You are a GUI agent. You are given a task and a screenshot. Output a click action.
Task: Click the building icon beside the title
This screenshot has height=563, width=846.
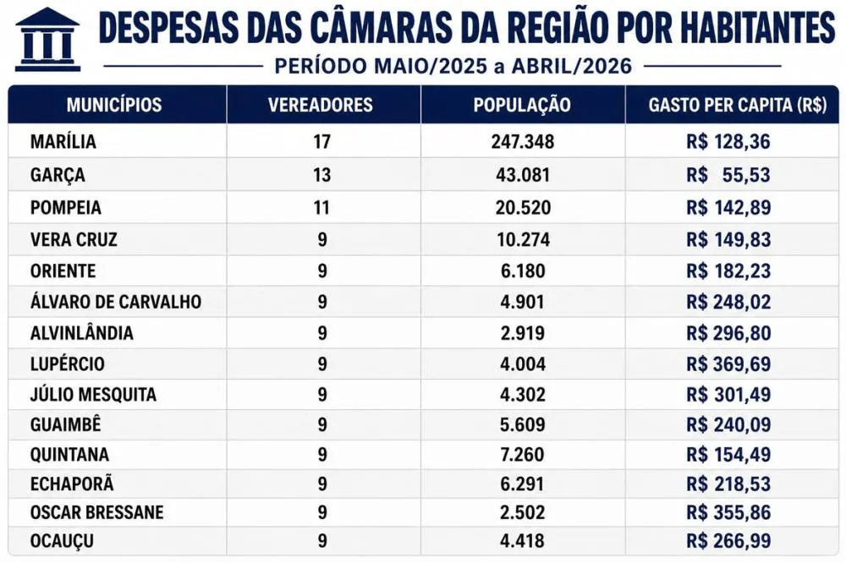[x=47, y=40]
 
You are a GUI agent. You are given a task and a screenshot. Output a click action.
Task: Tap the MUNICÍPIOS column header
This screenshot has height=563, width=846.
[x=114, y=105]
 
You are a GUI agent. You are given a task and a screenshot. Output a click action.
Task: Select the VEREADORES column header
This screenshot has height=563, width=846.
[x=321, y=105]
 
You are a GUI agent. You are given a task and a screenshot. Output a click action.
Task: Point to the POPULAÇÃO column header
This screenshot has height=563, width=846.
[x=522, y=105]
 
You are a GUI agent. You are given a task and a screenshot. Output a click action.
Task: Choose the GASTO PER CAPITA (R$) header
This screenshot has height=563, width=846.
[x=738, y=105]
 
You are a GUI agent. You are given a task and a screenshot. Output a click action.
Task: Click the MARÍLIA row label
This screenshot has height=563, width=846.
[x=63, y=141]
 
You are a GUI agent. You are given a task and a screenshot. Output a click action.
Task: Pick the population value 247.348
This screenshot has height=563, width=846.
[x=522, y=142]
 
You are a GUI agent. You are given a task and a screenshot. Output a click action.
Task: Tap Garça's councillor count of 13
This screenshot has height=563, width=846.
[x=321, y=175]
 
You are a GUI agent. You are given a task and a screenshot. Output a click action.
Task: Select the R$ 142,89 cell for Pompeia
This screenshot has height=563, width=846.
[x=728, y=208]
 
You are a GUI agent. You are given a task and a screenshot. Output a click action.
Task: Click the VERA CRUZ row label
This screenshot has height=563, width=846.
[x=74, y=239]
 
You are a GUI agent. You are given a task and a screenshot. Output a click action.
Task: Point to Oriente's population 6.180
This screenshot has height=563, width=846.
[x=523, y=271]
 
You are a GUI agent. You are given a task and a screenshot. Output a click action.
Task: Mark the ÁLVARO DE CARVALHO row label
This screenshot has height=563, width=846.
[x=116, y=302]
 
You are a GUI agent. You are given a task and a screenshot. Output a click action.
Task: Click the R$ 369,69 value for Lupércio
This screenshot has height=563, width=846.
[x=728, y=364]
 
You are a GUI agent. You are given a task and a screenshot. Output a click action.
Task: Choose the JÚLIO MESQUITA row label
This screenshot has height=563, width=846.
[x=93, y=394]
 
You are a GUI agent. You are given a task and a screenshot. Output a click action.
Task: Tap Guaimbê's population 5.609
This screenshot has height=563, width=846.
[x=522, y=425]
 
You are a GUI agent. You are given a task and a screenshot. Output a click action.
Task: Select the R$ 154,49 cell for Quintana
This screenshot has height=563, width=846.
[x=728, y=455]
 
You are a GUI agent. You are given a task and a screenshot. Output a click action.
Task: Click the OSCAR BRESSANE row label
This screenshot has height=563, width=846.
[x=97, y=512]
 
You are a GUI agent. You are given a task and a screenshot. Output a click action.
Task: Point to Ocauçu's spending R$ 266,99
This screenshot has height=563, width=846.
[x=728, y=541]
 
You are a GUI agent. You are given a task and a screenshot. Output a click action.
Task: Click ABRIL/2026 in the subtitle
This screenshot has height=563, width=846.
[x=572, y=66]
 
